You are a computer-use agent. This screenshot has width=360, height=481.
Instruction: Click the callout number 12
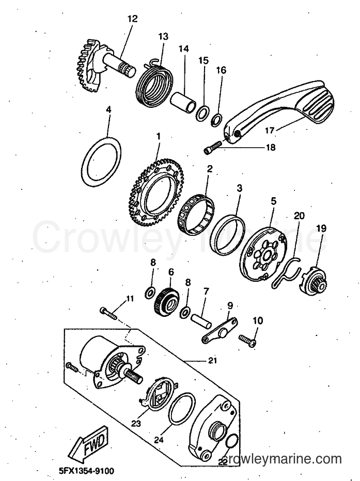133,19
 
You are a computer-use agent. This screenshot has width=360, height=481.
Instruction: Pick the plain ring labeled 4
101,162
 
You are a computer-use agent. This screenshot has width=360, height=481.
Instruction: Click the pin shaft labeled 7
201,320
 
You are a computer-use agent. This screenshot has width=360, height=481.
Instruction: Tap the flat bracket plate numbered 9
220,331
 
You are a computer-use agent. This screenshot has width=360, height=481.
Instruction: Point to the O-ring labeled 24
183,408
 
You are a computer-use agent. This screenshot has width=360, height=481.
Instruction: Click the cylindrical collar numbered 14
183,103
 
